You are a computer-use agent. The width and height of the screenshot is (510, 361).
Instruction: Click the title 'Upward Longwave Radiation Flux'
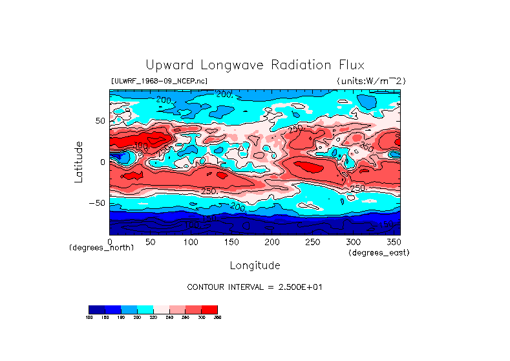[x=255, y=65]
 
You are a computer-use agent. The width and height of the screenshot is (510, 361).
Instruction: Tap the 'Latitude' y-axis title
[x=79, y=162]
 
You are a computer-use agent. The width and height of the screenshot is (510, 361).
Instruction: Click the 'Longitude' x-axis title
[x=255, y=265]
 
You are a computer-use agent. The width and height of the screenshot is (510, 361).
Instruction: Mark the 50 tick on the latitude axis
[x=100, y=121]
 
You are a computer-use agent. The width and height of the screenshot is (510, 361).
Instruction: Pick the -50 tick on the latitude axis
[x=98, y=203]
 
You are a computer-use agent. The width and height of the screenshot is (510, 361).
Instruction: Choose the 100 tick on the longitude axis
[x=191, y=241]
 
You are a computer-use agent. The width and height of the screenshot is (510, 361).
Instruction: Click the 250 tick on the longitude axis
[x=312, y=241]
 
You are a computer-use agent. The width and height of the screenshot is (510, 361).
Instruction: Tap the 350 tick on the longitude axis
[x=392, y=241]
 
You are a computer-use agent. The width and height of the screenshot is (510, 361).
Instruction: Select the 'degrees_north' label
[x=101, y=248]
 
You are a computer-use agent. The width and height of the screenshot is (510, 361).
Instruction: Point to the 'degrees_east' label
[x=379, y=253]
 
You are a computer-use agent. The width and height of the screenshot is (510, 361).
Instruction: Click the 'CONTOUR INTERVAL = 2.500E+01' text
[x=255, y=287]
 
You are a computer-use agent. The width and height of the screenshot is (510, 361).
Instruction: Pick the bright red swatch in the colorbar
[x=211, y=309]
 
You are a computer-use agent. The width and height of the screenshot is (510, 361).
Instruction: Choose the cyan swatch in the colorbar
[x=145, y=309]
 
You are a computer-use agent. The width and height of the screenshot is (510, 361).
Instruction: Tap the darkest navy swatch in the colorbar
[x=96, y=309]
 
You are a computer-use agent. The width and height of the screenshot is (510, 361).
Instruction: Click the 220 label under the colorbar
[x=153, y=318]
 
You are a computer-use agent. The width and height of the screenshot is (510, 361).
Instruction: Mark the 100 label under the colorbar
[x=89, y=318]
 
